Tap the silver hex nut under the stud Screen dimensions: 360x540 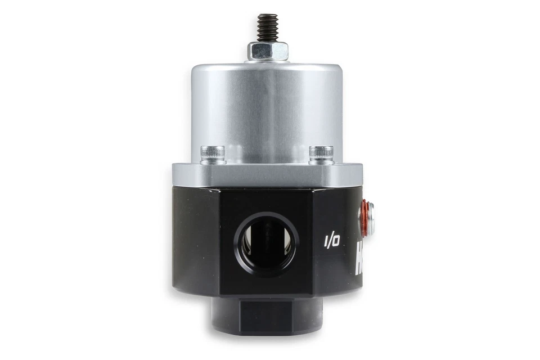pos(268,51)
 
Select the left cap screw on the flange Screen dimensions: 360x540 pos(213,154)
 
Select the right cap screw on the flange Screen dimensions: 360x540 pos(321,154)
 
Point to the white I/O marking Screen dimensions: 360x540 pos(331,241)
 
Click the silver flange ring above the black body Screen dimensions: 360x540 pos(267,175)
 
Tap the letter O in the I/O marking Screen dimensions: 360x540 pos(336,241)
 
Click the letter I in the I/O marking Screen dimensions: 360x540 pos(326,242)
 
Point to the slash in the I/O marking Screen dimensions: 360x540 pos(331,241)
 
